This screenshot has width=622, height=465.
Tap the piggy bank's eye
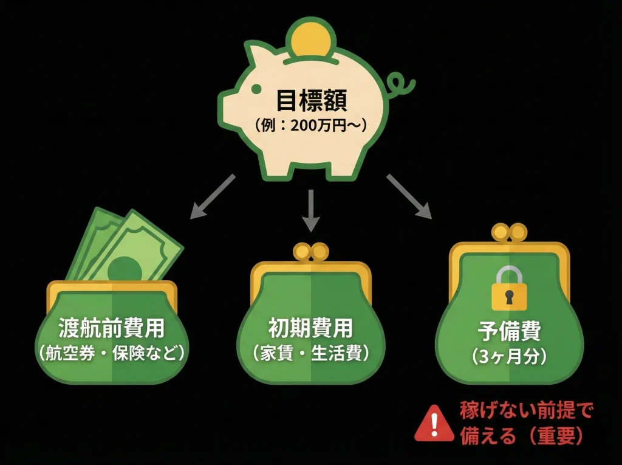(256, 89)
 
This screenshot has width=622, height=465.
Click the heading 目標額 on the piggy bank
(312, 100)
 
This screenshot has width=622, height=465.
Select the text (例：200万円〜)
(311, 126)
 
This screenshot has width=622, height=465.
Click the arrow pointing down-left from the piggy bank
(213, 196)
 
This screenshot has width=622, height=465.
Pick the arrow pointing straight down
(311, 210)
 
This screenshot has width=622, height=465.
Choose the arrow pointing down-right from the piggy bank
(409, 196)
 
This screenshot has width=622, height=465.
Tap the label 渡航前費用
(112, 328)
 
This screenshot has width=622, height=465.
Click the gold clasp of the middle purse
(311, 252)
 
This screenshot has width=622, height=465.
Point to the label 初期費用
(311, 328)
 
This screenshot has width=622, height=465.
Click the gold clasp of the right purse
(510, 233)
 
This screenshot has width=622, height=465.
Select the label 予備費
(510, 331)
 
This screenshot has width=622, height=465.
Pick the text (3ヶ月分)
(510, 357)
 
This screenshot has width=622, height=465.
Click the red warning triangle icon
(434, 424)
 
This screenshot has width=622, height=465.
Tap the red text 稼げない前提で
(527, 410)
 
